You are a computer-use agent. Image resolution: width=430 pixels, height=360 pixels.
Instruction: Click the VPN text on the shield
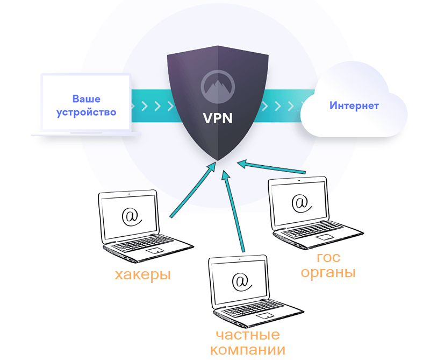coord(218,117)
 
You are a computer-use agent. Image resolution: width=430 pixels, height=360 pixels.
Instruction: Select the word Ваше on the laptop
coord(87,100)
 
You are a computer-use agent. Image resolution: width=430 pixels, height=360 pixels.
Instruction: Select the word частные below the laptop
coord(248,335)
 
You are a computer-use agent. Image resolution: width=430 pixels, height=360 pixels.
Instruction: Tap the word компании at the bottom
coord(248,350)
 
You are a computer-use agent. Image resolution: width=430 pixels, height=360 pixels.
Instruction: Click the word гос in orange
coord(328,258)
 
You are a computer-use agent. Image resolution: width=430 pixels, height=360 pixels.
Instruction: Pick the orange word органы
coord(328,273)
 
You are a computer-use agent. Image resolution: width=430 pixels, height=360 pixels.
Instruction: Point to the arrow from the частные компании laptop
coord(235,210)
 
